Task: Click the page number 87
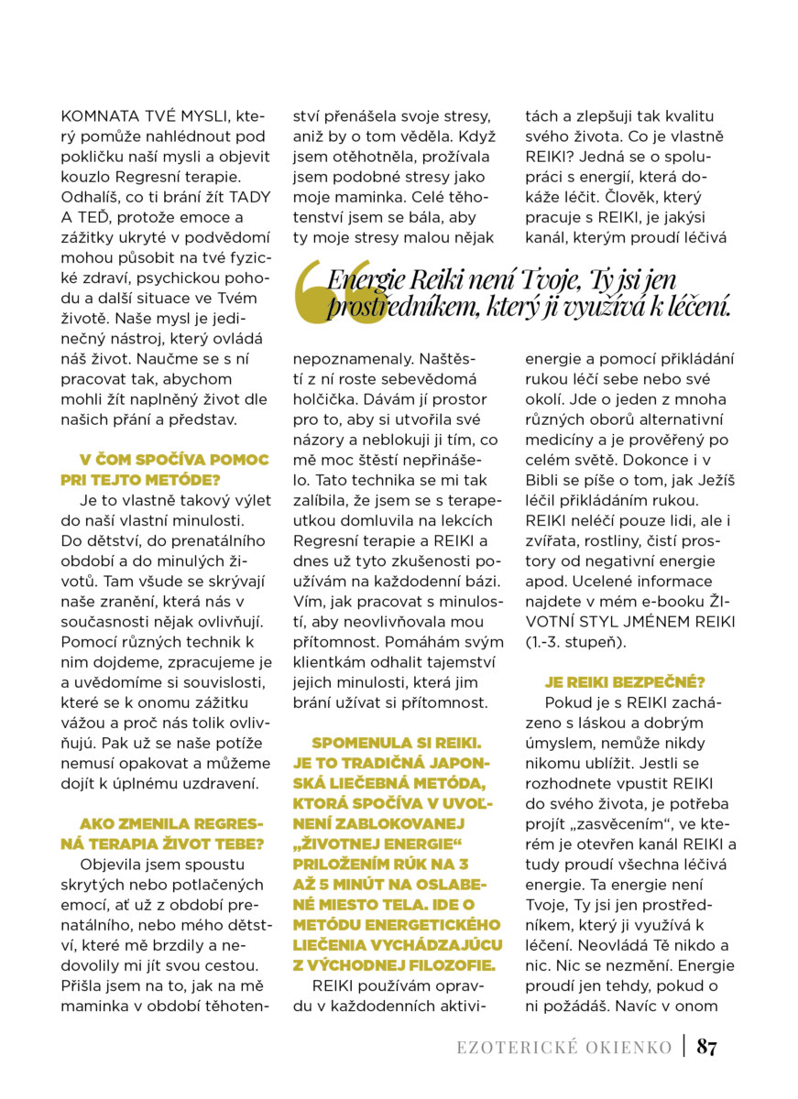[706, 1047]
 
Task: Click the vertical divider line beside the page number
[683, 1046]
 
